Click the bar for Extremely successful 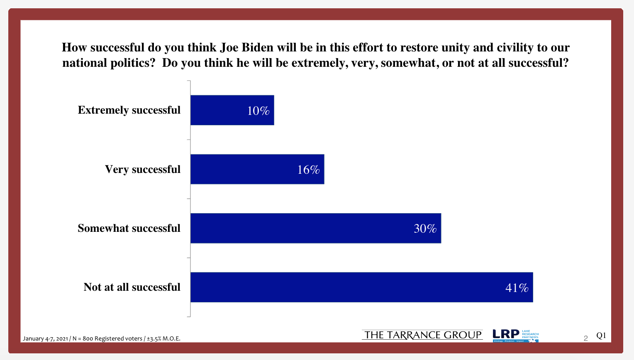tap(232, 110)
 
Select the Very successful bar tap(257, 169)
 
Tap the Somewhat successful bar tap(315, 228)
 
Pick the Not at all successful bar tap(361, 287)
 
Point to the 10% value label tap(258, 111)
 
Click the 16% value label tap(308, 170)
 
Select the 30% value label tap(425, 229)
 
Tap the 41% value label tap(517, 287)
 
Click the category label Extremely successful tap(129, 110)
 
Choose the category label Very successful tap(143, 169)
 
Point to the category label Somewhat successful tap(129, 228)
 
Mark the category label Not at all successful tap(132, 287)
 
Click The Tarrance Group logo tap(422, 335)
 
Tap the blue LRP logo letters tap(506, 334)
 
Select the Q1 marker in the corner tap(601, 336)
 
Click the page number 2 tap(586, 338)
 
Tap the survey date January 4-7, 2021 tap(45, 338)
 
